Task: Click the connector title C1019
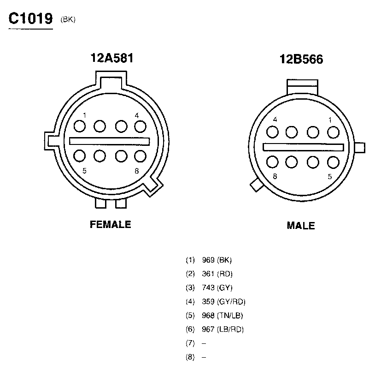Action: click(30, 18)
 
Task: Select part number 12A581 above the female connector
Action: click(112, 58)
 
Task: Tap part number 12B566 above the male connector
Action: click(301, 59)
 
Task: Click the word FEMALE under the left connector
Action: click(111, 224)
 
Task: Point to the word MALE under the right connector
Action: click(301, 226)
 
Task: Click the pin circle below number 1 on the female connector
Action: click(80, 126)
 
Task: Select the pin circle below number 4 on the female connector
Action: click(141, 126)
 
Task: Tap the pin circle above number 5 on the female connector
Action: click(80, 156)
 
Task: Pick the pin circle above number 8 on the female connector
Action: click(141, 156)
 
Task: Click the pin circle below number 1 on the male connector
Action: click(333, 132)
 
